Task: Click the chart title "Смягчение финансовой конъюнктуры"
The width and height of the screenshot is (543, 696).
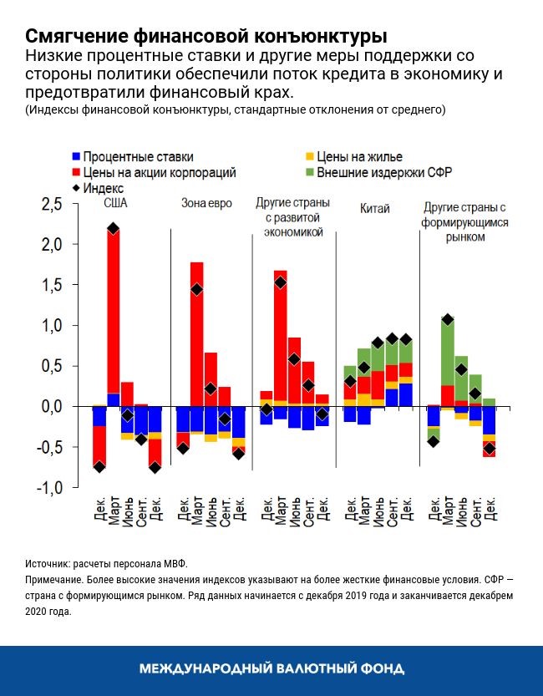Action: point(206,37)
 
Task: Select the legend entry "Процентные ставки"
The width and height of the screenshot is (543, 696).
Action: point(138,156)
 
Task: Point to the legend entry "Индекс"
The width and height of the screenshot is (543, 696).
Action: point(104,188)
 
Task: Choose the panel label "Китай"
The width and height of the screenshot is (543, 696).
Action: point(375,208)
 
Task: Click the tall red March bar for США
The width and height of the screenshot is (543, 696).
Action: point(114,309)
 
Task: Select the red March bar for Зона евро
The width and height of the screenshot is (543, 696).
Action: point(197,334)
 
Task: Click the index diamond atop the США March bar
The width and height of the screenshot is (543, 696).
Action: point(114,228)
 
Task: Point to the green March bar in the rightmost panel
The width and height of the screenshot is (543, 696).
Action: point(447,351)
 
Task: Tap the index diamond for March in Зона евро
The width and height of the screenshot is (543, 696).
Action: point(197,289)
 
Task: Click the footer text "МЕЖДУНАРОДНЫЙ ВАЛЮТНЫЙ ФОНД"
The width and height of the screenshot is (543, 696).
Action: point(271,669)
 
